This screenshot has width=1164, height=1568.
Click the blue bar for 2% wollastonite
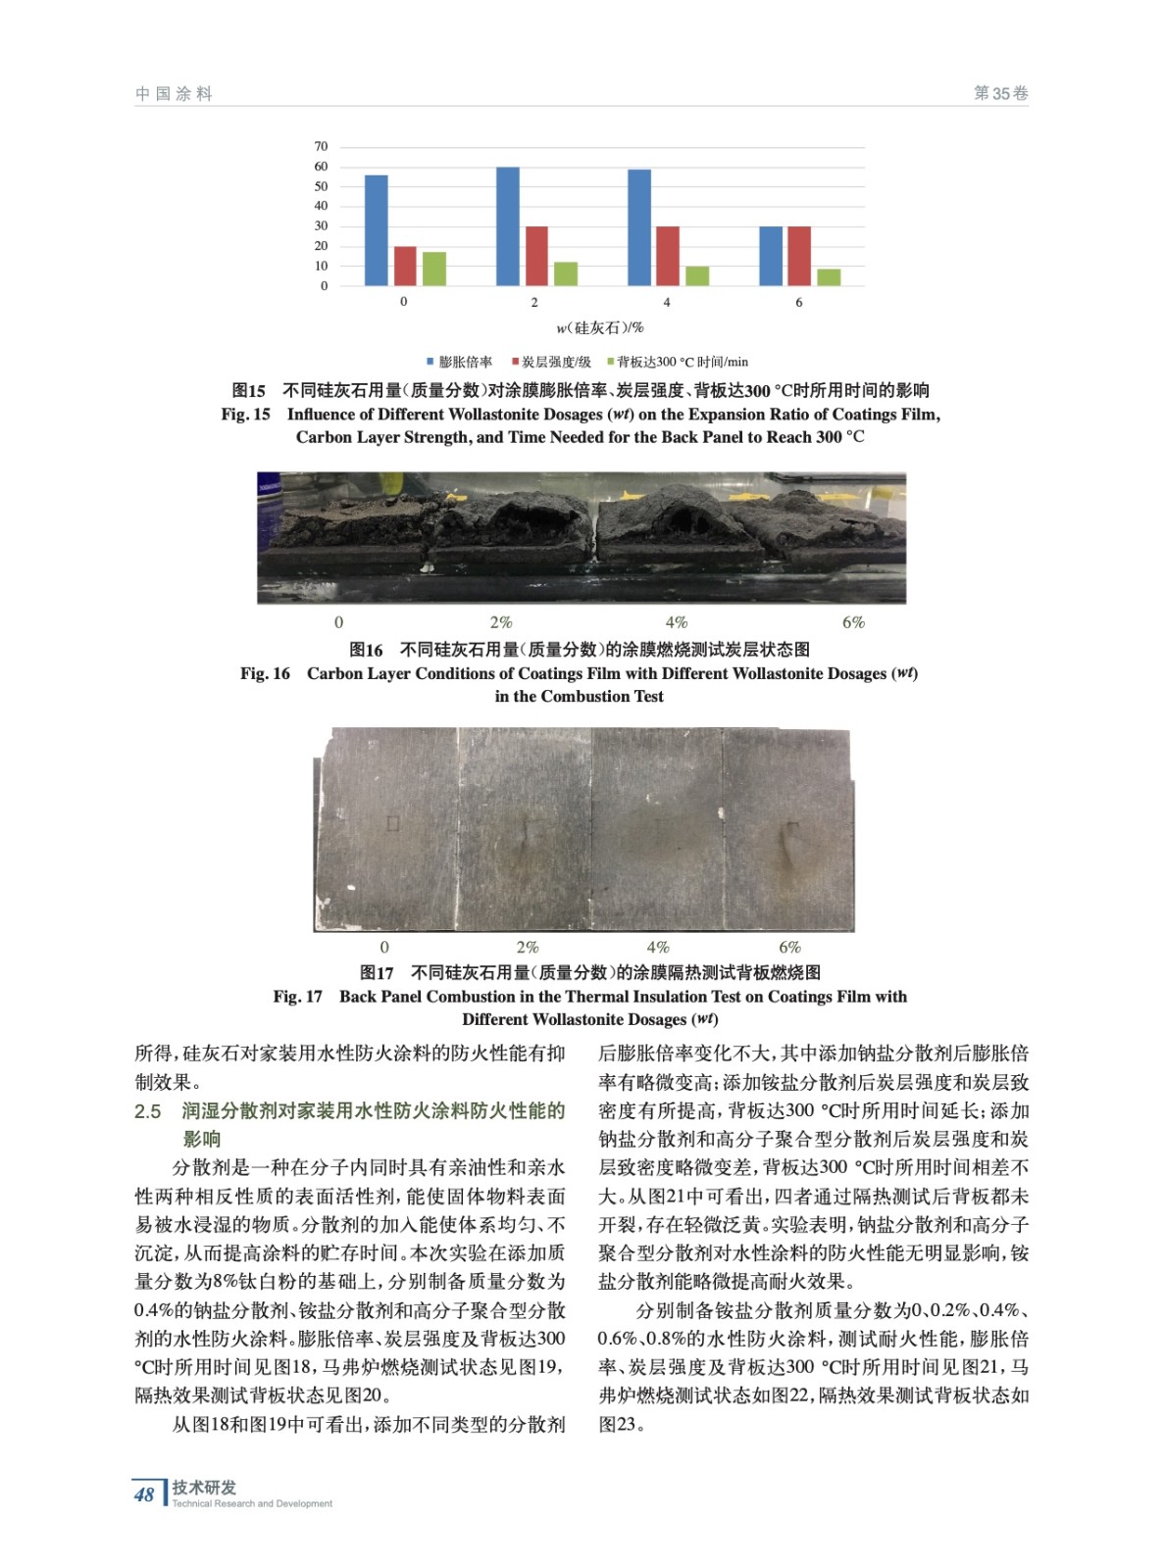pyautogui.click(x=507, y=226)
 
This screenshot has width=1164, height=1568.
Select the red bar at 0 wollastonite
pyautogui.click(x=404, y=266)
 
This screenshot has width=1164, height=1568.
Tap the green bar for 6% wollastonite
pyautogui.click(x=829, y=276)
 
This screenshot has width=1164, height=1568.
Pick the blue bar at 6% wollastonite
pyautogui.click(x=771, y=256)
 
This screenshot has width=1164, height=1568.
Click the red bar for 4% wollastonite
pyautogui.click(x=668, y=256)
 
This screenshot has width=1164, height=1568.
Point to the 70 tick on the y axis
pyautogui.click(x=321, y=147)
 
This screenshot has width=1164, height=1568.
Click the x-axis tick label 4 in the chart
pyautogui.click(x=667, y=302)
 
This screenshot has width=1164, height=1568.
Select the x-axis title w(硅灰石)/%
pyautogui.click(x=600, y=327)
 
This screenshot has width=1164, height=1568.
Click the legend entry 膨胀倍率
pyautogui.click(x=459, y=362)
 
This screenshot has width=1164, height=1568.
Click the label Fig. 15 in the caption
pyautogui.click(x=245, y=415)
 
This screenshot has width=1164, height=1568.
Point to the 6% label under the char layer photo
pyautogui.click(x=853, y=622)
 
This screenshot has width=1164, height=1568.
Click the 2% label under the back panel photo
pyautogui.click(x=528, y=947)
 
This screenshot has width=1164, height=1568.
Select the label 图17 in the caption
pyautogui.click(x=377, y=972)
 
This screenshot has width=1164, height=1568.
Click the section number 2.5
pyautogui.click(x=148, y=1111)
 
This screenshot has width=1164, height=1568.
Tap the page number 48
pyautogui.click(x=144, y=1494)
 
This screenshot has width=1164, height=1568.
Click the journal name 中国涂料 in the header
pyautogui.click(x=174, y=94)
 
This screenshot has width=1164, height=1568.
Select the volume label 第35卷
pyautogui.click(x=1000, y=93)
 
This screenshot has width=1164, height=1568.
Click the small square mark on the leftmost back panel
pyautogui.click(x=392, y=823)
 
